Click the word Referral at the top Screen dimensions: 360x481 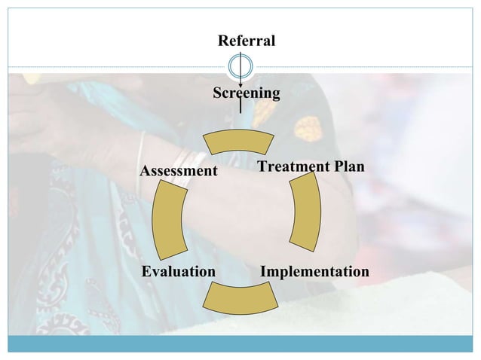tap(246, 39)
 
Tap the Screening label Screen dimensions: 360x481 tap(246, 93)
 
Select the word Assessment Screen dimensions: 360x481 tap(179, 172)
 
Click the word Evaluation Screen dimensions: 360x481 tap(179, 270)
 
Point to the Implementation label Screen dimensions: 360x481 tap(314, 270)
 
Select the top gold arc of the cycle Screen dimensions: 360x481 tap(240, 141)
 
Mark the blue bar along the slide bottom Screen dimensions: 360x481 tap(240, 344)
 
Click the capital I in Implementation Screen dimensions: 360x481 tap(264, 270)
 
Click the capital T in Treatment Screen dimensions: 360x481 tap(262, 166)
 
